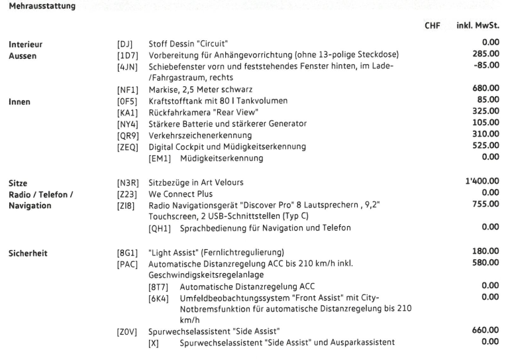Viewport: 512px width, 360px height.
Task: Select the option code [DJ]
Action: coord(126,44)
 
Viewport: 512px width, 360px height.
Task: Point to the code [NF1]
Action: coord(128,90)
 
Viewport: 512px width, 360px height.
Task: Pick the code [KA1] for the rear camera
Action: coord(128,112)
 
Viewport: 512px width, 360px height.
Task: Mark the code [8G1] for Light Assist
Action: coord(128,253)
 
